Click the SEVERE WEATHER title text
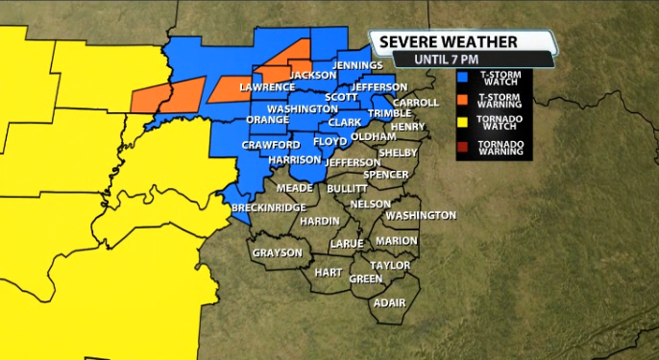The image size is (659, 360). tap(448, 42)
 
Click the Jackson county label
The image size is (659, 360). tap(312, 75)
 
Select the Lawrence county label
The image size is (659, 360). tap(266, 87)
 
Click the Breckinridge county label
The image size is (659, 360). tap(269, 207)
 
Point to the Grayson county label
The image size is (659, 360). tap(278, 253)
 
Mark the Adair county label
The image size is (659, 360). tap(389, 302)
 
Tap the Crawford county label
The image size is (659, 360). tap(264, 145)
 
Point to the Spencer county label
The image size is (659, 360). tap(386, 175)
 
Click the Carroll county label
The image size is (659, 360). tap(415, 102)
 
